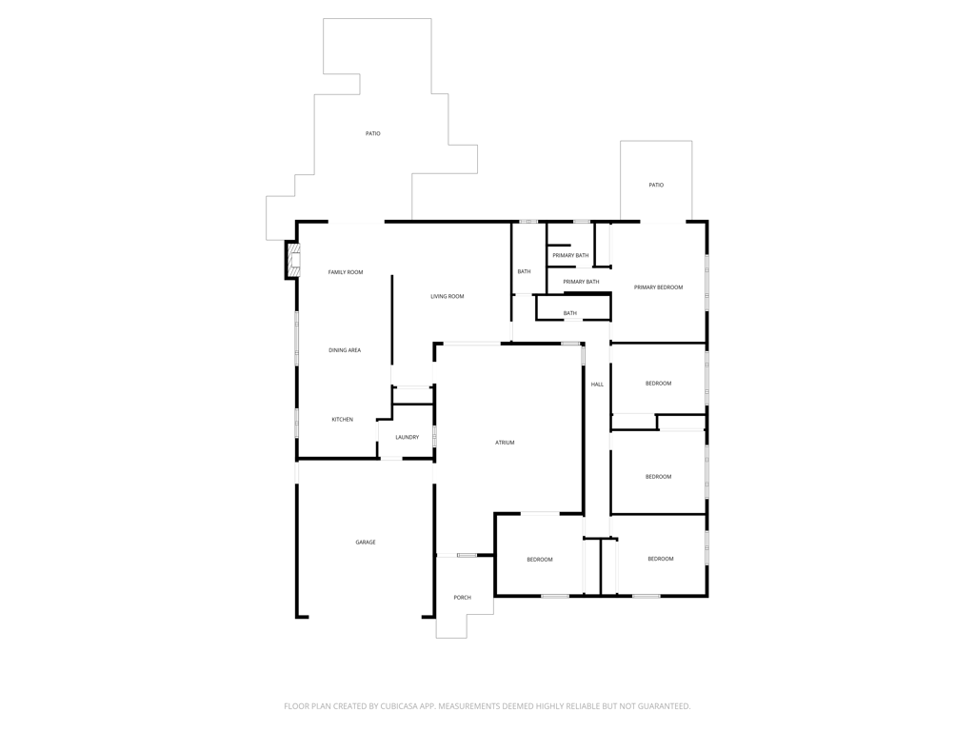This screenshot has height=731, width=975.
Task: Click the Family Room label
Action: (346, 272)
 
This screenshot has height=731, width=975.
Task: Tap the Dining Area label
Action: (345, 350)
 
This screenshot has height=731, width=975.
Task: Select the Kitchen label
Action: (342, 420)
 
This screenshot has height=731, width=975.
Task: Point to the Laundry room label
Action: (408, 438)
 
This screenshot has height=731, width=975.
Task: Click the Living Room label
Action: (448, 297)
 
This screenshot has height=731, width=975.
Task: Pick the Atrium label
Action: (505, 443)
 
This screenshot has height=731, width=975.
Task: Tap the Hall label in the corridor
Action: (597, 385)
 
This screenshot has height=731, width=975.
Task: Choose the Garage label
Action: (366, 543)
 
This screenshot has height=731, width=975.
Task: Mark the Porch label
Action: (462, 598)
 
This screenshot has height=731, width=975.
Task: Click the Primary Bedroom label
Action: (659, 287)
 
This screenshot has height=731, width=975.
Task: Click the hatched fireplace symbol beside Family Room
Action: (293, 259)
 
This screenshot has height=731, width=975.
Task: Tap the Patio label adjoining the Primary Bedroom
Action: (656, 186)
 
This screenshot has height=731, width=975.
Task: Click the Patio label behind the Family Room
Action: (372, 133)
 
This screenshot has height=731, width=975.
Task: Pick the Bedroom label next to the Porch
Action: (540, 560)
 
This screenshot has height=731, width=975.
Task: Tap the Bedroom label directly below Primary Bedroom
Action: (659, 384)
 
